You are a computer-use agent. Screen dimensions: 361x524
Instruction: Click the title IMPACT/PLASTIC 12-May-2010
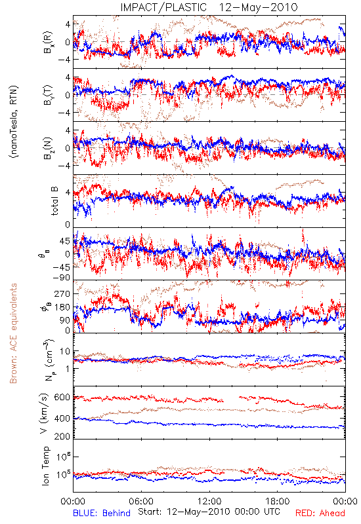click(x=209, y=7)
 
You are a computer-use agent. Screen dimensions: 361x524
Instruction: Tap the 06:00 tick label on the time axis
click(x=141, y=501)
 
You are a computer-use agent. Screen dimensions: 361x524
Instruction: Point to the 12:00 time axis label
click(x=209, y=501)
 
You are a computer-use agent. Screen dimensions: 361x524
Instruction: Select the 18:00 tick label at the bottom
click(x=277, y=501)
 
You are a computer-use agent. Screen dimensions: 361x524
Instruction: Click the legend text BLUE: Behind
click(x=102, y=513)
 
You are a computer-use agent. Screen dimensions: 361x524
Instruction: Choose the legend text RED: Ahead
click(x=320, y=513)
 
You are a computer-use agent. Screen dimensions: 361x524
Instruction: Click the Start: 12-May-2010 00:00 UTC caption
click(x=209, y=512)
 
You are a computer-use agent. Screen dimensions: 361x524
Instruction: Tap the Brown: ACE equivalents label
click(x=12, y=333)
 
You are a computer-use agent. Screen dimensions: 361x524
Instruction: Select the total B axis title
click(x=54, y=201)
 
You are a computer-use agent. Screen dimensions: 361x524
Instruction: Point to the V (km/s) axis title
click(x=44, y=413)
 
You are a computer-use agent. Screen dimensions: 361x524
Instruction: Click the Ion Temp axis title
click(x=45, y=466)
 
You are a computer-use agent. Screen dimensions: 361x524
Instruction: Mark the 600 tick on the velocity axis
click(x=62, y=398)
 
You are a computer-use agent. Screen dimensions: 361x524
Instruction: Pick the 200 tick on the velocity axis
click(x=62, y=436)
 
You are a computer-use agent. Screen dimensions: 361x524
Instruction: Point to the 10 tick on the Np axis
click(x=65, y=351)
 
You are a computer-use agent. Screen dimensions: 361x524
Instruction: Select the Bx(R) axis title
click(x=48, y=42)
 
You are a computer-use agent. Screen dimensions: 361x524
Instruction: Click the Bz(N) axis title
click(x=48, y=148)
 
